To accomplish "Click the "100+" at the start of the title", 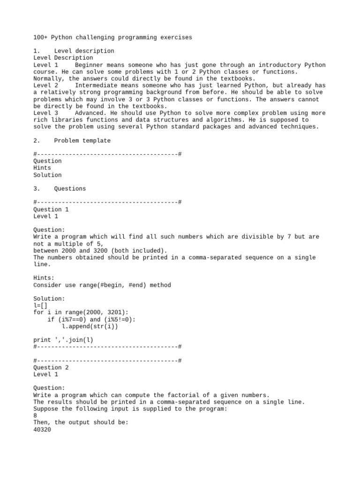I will click(40, 37).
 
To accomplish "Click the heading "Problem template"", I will click(82, 141).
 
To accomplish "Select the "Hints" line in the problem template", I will click(42, 168).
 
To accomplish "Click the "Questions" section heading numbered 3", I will click(70, 189).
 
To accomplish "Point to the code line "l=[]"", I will click(40, 306).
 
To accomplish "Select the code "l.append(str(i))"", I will click(90, 326).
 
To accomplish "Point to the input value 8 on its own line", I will click(35, 416).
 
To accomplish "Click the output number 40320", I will click(42, 429).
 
